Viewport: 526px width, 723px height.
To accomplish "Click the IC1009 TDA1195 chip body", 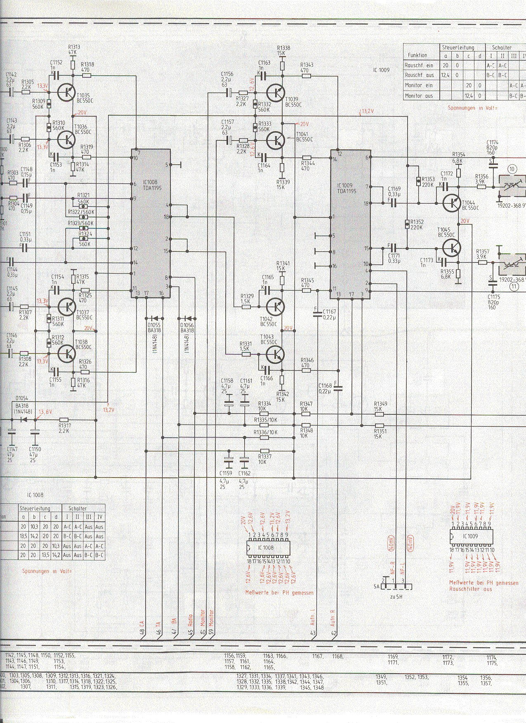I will (x=350, y=225).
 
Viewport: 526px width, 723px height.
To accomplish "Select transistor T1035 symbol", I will (x=66, y=92).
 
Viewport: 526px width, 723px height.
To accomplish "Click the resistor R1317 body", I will (x=64, y=420).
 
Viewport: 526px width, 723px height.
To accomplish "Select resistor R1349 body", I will (x=379, y=414).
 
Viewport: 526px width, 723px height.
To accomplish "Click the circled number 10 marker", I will (x=512, y=168).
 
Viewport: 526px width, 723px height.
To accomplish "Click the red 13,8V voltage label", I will (x=45, y=412).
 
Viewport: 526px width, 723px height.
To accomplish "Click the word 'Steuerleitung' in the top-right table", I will (x=458, y=47).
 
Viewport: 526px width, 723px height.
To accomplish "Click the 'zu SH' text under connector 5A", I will (x=395, y=596).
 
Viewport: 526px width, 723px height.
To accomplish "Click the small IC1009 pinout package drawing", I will (x=470, y=536).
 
